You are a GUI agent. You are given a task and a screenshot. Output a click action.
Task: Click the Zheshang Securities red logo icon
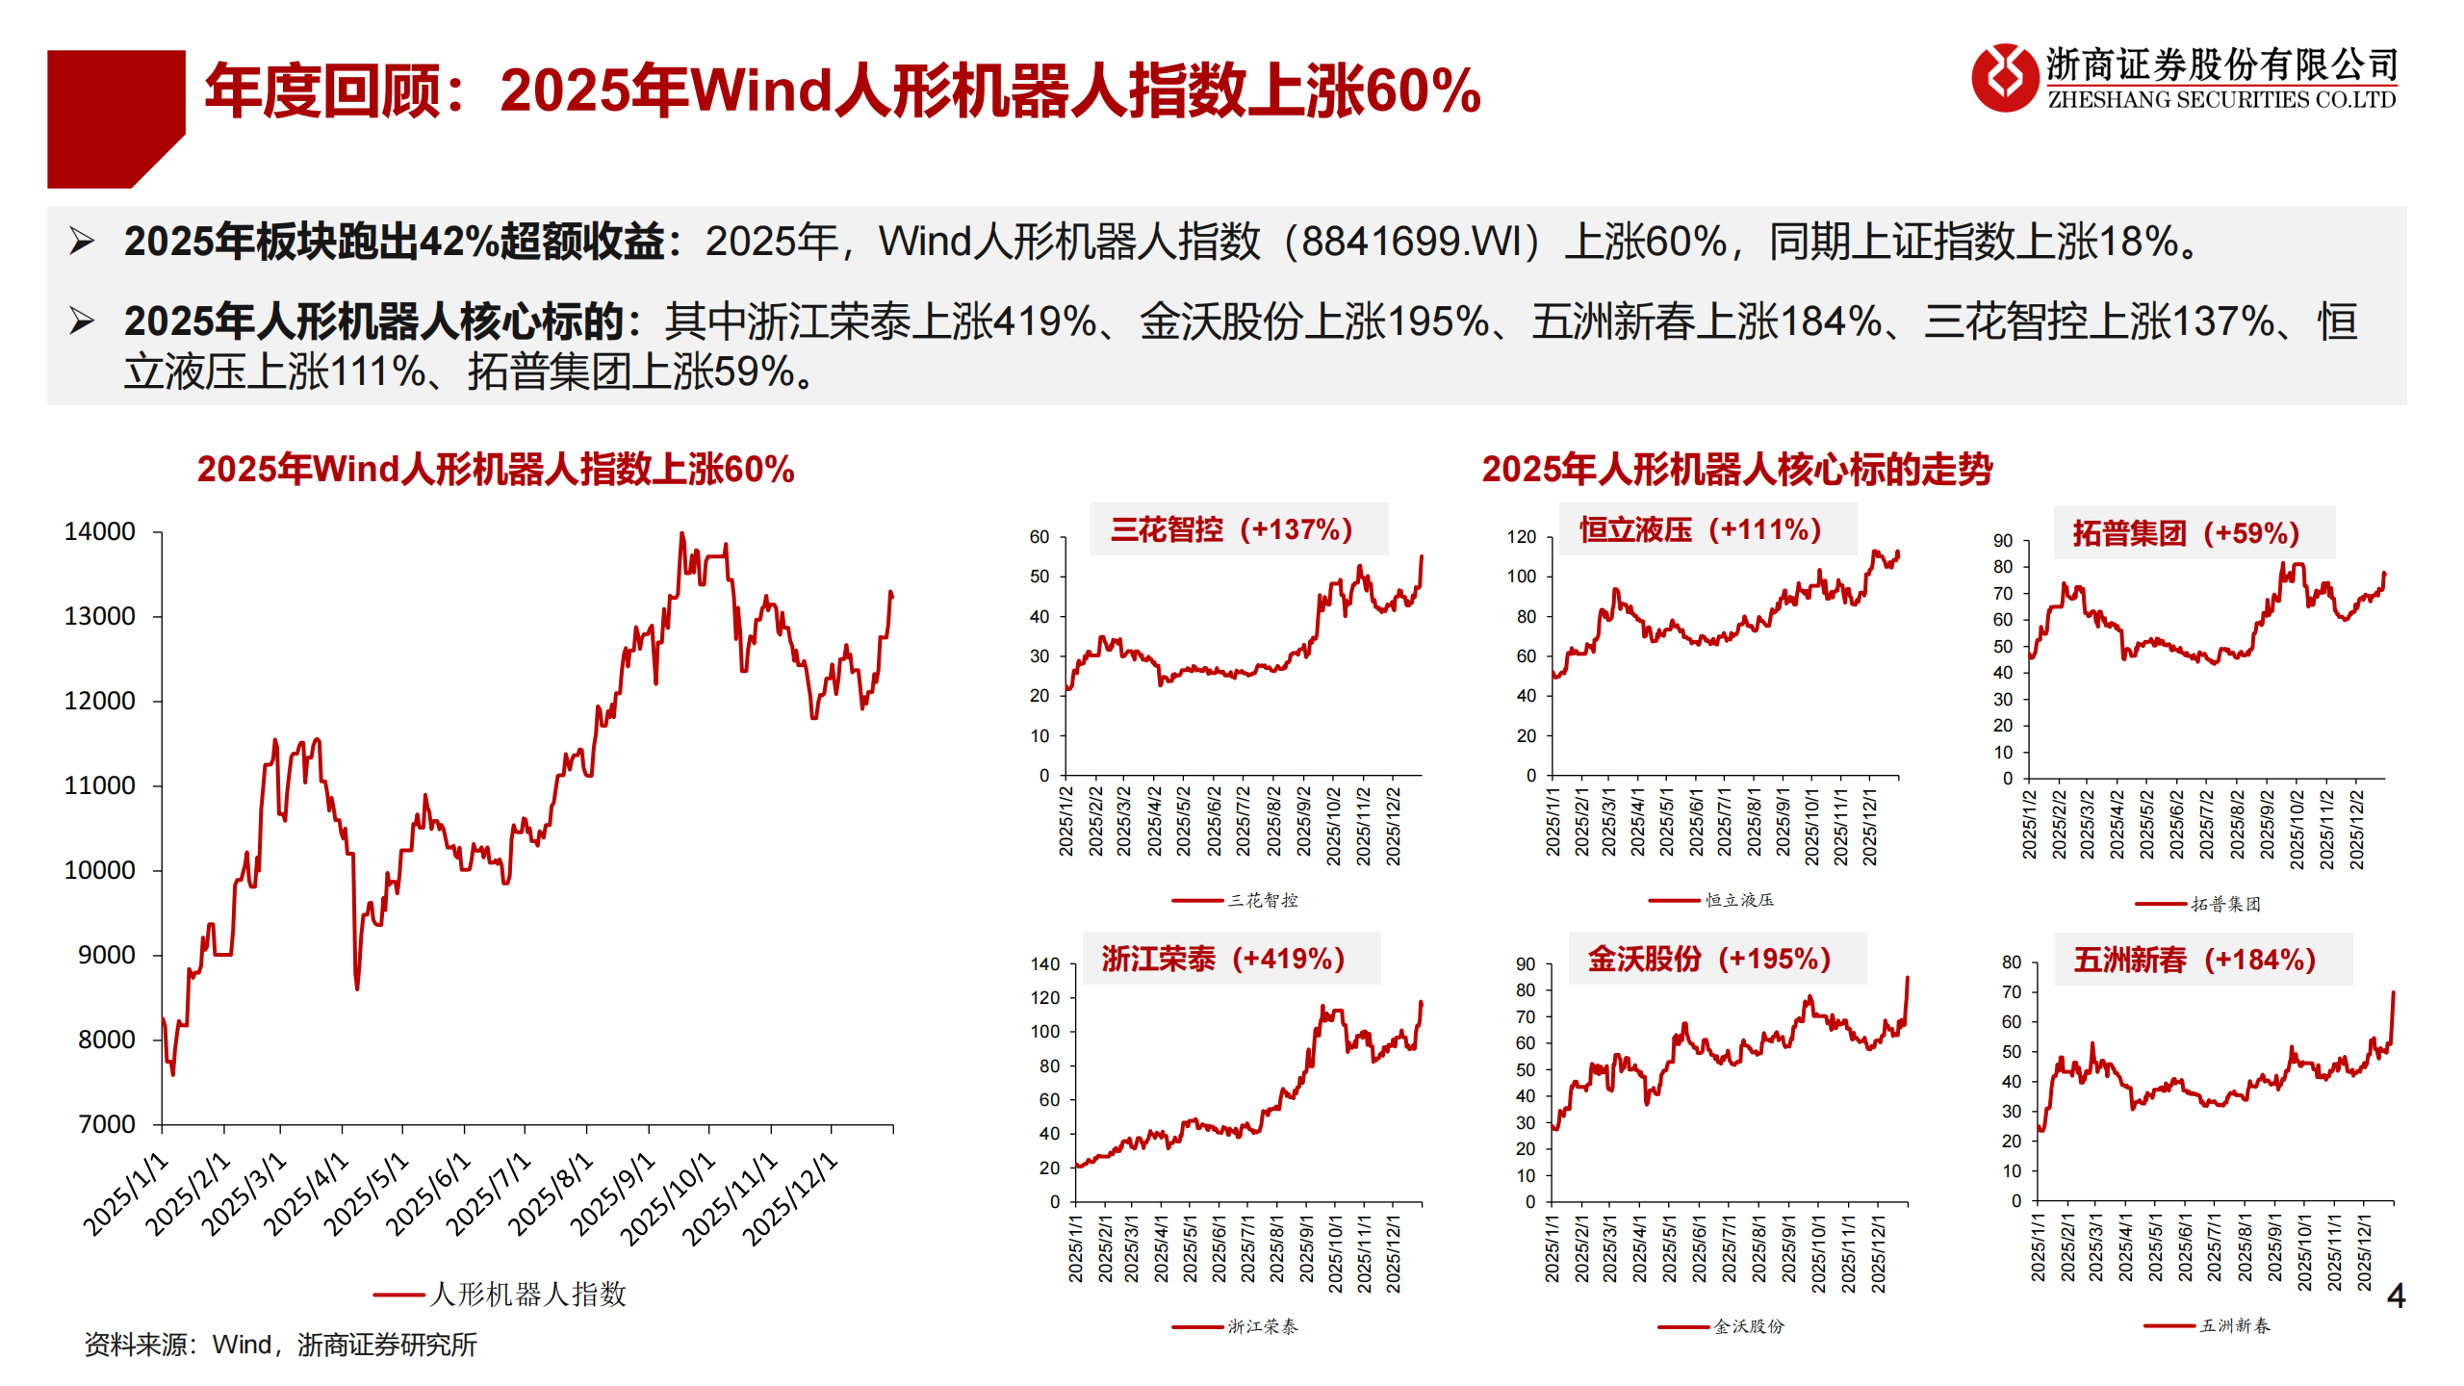[x=2005, y=78]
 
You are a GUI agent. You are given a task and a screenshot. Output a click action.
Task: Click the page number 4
[x=2396, y=1296]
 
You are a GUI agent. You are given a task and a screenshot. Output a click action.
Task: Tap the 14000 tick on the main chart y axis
[x=99, y=532]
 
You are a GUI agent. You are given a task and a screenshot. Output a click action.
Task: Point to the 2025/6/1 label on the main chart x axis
[x=429, y=1193]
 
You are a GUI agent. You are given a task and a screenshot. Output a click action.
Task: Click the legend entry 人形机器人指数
[x=527, y=1295]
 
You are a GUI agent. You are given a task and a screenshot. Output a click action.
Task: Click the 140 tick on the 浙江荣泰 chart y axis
[x=1044, y=964]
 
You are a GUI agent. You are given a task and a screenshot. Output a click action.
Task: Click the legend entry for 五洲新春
[x=2234, y=1326]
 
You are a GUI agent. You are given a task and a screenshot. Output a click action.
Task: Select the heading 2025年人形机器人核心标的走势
[x=1736, y=470]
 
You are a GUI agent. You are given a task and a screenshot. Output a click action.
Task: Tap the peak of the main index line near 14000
[x=682, y=534]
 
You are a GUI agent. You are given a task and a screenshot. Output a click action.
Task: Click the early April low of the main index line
[x=357, y=988]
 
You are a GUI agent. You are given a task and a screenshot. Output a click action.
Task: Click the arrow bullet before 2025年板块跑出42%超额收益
[x=82, y=242]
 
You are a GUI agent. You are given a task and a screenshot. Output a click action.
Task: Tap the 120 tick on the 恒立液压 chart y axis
[x=1521, y=537]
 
